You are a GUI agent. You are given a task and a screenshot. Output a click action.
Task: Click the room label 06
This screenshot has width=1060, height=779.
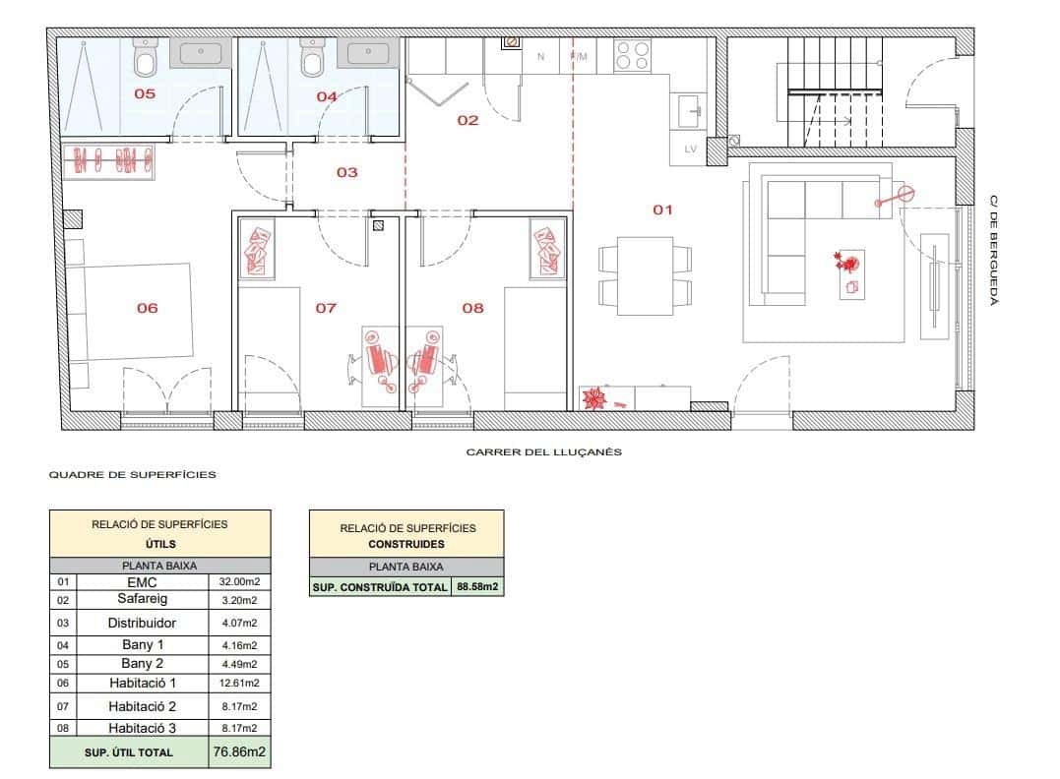coord(147,308)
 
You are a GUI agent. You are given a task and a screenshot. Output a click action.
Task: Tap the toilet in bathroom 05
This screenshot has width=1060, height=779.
coord(146,57)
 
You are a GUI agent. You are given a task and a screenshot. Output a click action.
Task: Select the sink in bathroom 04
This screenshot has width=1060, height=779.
coord(368,53)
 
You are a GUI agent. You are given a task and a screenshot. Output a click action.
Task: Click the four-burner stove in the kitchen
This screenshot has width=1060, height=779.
coord(632,55)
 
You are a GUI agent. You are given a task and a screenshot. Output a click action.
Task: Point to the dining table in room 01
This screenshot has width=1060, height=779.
coord(645,275)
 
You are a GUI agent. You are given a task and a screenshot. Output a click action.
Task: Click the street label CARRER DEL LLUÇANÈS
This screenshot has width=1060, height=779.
coord(543,452)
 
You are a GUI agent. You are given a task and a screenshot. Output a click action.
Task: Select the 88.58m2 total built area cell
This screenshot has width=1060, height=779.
coord(477,586)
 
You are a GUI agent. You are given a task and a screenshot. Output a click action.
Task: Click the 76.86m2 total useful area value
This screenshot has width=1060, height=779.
coord(239,751)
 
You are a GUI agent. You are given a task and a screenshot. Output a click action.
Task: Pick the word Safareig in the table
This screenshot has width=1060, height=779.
coord(142,599)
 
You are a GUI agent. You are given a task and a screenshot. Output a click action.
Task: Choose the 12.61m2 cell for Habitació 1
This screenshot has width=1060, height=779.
coord(239,683)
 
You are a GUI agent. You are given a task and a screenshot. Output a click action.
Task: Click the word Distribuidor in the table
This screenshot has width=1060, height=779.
coord(142,623)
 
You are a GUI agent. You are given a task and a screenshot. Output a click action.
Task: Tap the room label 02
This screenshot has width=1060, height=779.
coord(468,121)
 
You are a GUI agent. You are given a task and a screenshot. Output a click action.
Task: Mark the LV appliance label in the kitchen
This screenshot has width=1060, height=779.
coord(690,149)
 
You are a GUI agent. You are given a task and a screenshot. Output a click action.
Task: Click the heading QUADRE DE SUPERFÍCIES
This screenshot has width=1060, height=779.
coord(133,474)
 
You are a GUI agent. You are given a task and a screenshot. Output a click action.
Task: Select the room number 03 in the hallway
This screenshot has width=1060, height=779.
coord(346,172)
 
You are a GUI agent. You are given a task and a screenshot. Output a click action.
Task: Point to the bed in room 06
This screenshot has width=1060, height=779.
coord(129,312)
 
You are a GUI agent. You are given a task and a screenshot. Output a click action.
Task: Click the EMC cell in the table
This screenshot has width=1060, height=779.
coord(142,581)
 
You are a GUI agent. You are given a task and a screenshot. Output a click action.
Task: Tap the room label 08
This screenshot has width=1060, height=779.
coord(472,308)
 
